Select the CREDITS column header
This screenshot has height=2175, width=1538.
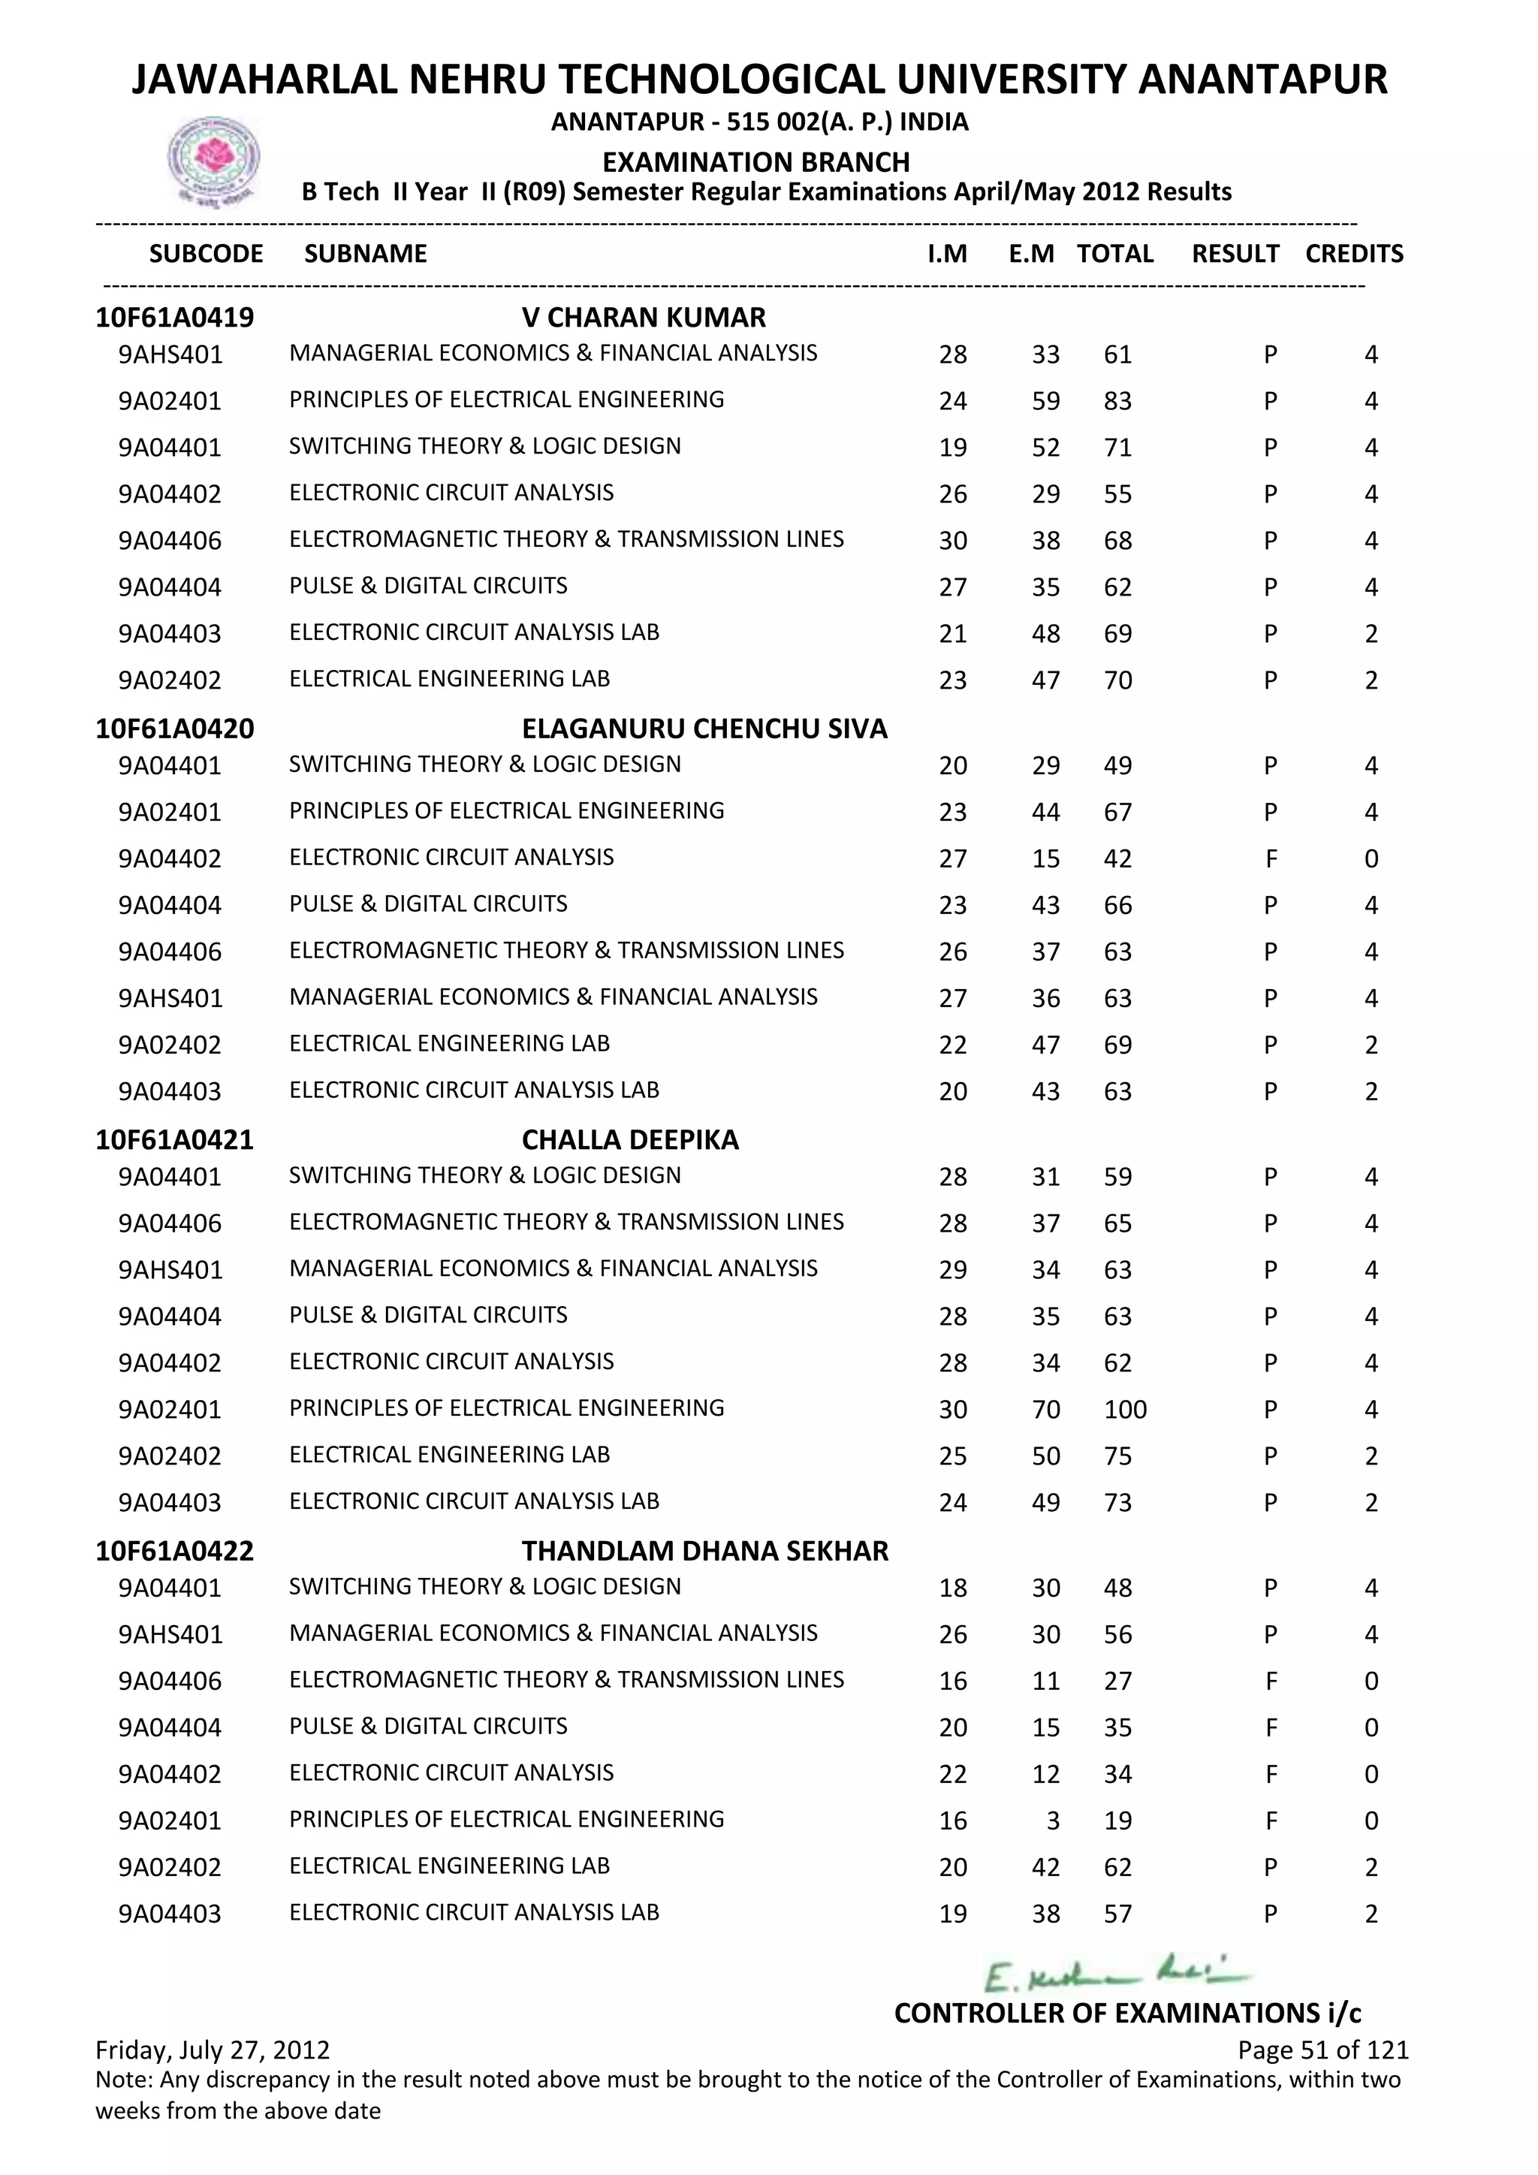tap(1353, 254)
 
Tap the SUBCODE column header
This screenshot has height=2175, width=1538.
tap(206, 254)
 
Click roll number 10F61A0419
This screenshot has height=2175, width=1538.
tap(174, 318)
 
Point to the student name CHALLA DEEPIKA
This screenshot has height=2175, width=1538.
tap(630, 1139)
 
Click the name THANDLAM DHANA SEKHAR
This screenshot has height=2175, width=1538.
tap(704, 1551)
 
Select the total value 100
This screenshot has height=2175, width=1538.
tap(1125, 1410)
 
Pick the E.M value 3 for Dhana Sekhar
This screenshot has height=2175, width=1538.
tap(1052, 1821)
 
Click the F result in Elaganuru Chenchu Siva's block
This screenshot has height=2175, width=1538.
tap(1271, 859)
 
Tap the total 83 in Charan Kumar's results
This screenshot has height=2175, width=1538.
tap(1117, 402)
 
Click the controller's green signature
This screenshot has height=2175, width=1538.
tap(1117, 1975)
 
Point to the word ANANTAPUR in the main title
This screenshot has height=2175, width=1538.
tap(1262, 80)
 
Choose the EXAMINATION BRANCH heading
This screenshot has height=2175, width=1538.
tap(755, 162)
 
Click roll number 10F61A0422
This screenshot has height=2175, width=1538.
tap(174, 1551)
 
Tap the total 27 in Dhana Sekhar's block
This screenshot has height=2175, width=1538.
tap(1117, 1682)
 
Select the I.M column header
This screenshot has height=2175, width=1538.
tap(947, 254)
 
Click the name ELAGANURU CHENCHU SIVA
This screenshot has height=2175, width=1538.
tap(704, 729)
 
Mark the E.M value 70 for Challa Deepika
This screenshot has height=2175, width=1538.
tap(1045, 1410)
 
